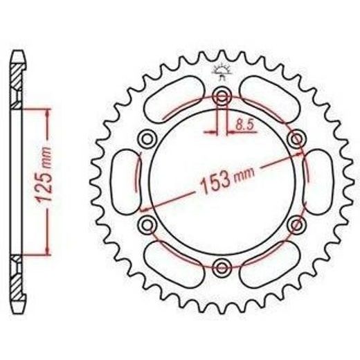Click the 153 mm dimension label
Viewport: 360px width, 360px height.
[227, 180]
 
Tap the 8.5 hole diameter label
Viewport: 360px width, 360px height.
[244, 125]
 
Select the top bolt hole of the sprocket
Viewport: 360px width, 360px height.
[222, 96]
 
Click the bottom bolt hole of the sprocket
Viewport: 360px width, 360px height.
[222, 268]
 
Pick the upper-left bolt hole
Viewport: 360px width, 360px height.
[147, 139]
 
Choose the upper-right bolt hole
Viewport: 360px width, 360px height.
[297, 139]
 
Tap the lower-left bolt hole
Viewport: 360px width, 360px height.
[147, 224]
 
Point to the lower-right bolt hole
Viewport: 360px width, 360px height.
[297, 224]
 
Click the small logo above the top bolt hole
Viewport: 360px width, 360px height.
[222, 71]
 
